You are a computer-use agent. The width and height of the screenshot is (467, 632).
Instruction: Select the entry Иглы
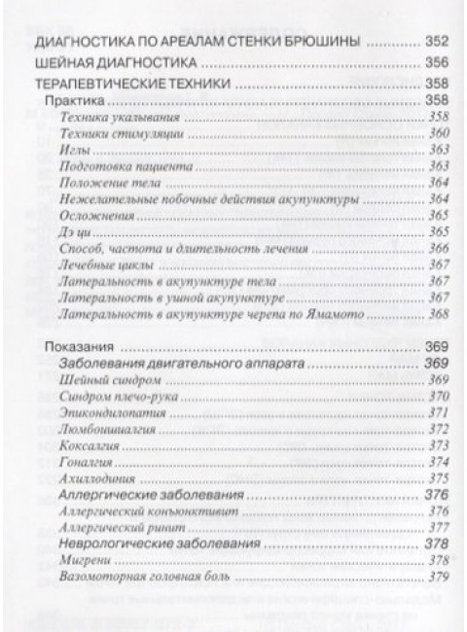click(x=74, y=149)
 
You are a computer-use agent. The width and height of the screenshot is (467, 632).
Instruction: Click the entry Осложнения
click(x=93, y=215)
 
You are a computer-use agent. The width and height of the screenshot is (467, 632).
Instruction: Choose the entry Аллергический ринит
click(x=120, y=528)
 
